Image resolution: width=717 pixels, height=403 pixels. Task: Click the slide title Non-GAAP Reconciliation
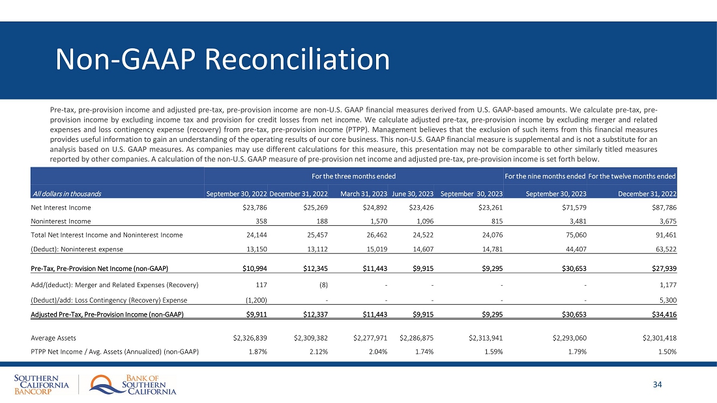222,60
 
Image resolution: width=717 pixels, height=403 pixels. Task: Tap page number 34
657,385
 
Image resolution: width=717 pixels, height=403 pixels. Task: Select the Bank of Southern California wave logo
104,385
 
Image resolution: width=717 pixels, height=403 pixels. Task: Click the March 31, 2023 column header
364,193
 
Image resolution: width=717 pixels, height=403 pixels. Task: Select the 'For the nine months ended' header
544,176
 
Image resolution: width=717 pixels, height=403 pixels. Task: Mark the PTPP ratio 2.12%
317,352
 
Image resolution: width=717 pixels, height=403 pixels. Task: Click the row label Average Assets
53,338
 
